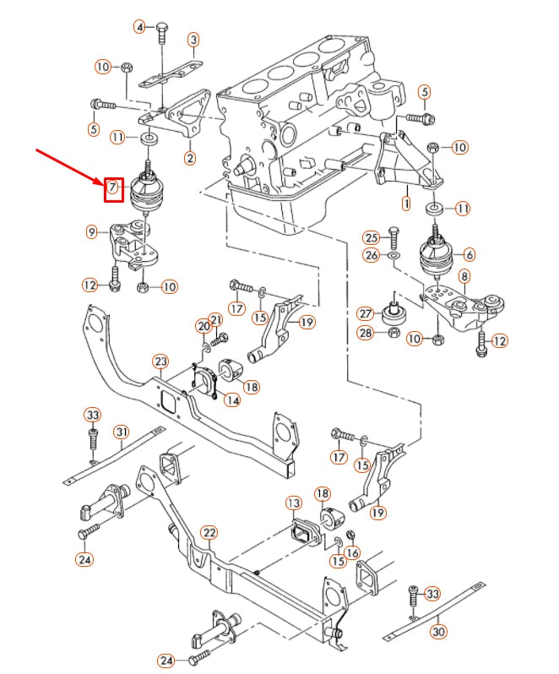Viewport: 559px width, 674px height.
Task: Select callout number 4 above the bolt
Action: [x=139, y=27]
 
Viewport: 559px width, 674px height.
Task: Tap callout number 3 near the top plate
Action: [x=193, y=39]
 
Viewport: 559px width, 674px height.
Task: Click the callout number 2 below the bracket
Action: [x=190, y=157]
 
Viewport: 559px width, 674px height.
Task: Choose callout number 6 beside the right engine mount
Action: [x=469, y=253]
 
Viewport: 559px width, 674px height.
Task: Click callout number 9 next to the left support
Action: [x=92, y=231]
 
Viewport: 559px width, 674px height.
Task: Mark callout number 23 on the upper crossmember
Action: [x=160, y=361]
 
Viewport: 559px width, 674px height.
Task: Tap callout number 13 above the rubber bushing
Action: [x=293, y=503]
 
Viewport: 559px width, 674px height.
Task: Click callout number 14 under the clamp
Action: [x=231, y=400]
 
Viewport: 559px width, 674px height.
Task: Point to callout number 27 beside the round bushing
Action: [x=366, y=313]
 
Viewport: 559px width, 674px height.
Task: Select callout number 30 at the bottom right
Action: [x=437, y=630]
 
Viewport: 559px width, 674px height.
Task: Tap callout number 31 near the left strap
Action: [x=122, y=432]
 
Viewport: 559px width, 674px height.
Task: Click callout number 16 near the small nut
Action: [x=352, y=552]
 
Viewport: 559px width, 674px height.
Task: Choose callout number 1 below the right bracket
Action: [x=405, y=204]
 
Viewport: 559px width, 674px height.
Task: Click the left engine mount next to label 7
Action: [x=148, y=194]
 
